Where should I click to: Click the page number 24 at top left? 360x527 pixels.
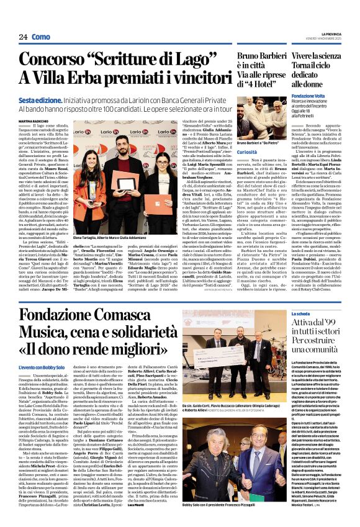click(23, 37)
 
